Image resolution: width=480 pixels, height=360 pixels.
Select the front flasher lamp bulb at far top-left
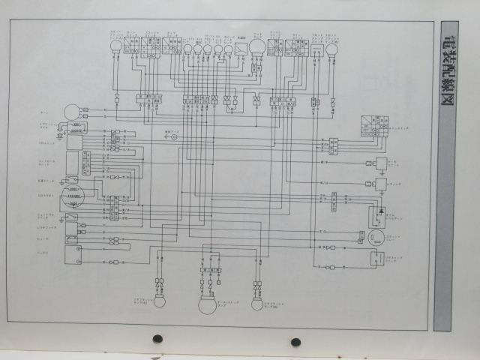[x=115, y=46]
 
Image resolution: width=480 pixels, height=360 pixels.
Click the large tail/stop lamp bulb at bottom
[x=207, y=304]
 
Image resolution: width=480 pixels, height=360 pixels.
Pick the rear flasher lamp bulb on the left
[x=159, y=304]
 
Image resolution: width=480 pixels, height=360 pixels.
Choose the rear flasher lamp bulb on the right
[x=257, y=304]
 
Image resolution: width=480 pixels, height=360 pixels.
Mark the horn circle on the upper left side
[x=72, y=111]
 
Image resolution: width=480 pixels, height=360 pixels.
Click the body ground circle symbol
[x=173, y=137]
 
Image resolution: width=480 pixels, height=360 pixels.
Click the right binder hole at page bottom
[x=295, y=342]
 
